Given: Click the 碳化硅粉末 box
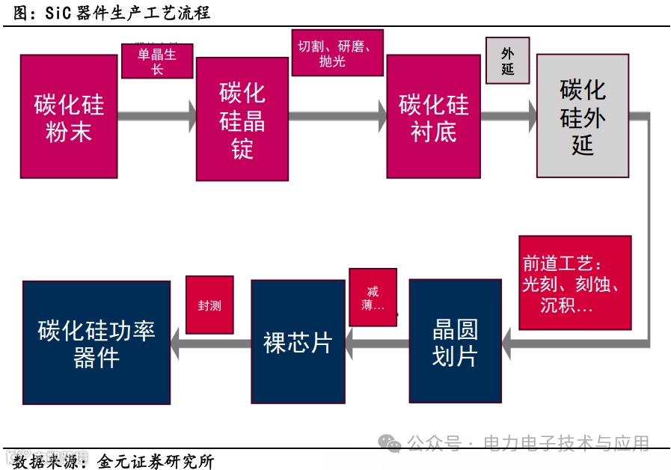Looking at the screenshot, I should (x=69, y=116).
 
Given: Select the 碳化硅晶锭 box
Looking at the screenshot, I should (x=242, y=120).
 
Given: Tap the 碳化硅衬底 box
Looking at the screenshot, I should (x=433, y=116).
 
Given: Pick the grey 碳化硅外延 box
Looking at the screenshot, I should (x=583, y=116).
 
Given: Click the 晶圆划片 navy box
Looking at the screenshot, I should (x=455, y=341).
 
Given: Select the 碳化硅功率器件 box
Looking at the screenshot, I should (x=96, y=343).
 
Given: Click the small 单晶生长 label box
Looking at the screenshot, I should (x=157, y=61).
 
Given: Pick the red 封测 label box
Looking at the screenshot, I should (x=209, y=305).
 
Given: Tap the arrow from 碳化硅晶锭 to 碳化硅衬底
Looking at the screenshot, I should (x=337, y=116).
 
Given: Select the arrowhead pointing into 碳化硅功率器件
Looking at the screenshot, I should (x=177, y=344).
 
